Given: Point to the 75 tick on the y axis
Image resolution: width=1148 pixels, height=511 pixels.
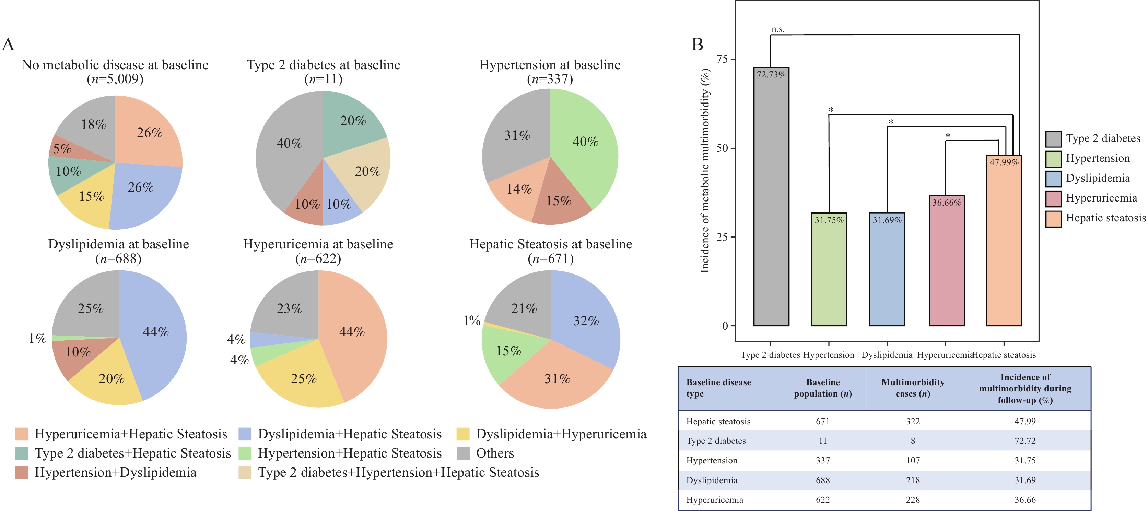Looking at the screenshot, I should pos(722,59).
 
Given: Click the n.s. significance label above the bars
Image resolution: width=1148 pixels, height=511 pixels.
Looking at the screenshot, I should pos(778,29).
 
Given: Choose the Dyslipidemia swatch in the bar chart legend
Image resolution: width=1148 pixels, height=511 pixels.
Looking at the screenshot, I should pos(1054,179).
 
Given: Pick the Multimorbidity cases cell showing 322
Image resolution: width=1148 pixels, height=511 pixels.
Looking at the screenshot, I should pos(912,421).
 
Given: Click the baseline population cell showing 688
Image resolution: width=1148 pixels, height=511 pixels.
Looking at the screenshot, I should pos(823,480).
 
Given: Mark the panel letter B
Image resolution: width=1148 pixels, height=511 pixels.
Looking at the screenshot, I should pos(697,45).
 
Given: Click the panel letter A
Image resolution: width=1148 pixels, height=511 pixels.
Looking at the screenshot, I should pos(9,45).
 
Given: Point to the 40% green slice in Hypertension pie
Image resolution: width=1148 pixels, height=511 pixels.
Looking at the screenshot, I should pos(585,142).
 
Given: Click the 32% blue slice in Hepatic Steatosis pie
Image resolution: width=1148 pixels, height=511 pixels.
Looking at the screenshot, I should pos(586,320).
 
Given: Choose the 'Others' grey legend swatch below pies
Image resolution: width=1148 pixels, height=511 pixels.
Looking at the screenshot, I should pos(464,453).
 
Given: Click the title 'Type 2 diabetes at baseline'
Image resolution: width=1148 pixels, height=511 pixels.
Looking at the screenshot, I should pos(324,65).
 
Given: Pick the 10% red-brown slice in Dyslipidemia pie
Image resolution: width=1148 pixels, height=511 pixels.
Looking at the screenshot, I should pos(78,352).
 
